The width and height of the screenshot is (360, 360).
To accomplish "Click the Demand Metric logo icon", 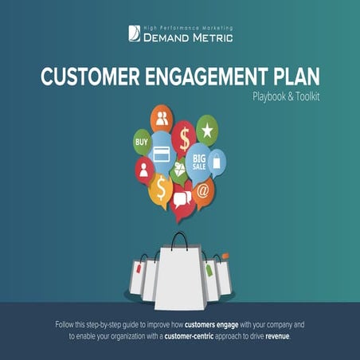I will tap(134, 33).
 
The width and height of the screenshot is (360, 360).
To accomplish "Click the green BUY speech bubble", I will tap(142, 144).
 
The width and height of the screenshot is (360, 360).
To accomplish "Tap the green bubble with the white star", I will tap(207, 130).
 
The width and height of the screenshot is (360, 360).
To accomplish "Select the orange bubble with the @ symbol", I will tap(203, 192).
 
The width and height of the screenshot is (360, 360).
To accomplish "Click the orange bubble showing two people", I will tap(163, 120).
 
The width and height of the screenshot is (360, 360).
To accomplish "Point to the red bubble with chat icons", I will tap(182, 198).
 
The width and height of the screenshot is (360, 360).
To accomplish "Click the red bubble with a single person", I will tap(145, 170).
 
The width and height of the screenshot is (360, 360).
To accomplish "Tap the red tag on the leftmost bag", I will tap(140, 269).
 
